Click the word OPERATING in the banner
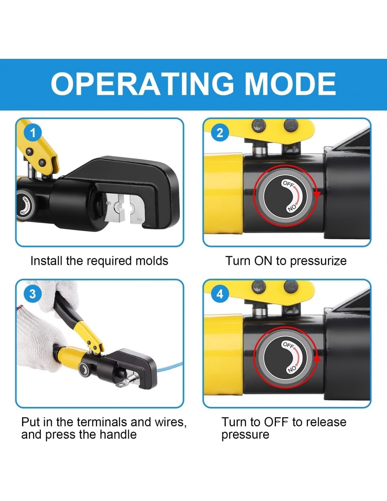click(x=142, y=84)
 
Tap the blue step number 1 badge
click(x=33, y=133)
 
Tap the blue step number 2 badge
click(x=220, y=133)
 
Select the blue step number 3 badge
click(x=33, y=294)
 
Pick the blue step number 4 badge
click(x=220, y=294)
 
